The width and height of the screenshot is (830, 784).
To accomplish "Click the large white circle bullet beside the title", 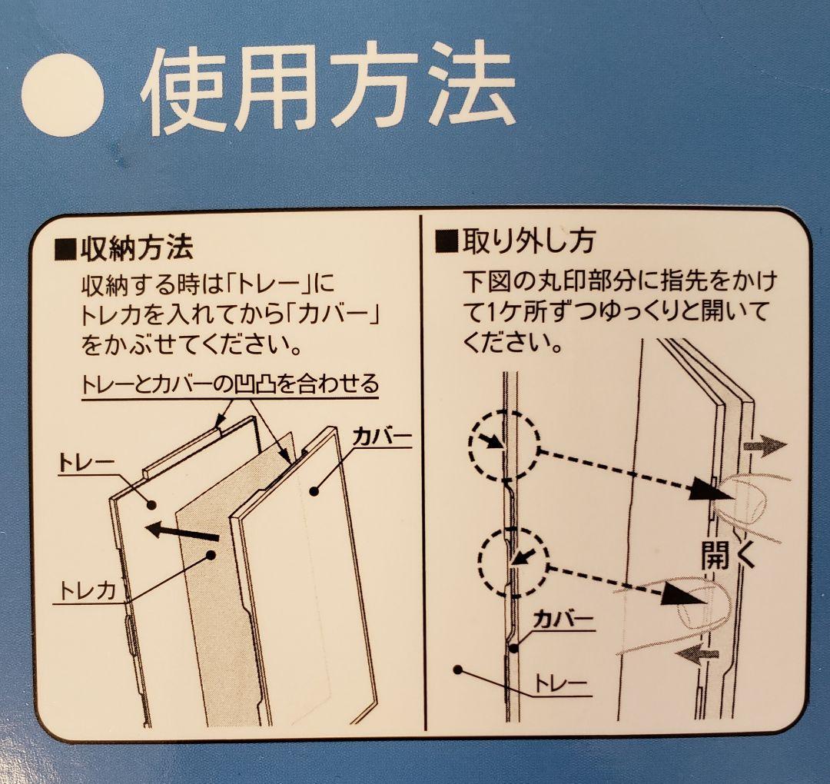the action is click(62, 96).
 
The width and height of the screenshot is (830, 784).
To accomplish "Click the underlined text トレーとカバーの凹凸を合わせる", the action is click(231, 384).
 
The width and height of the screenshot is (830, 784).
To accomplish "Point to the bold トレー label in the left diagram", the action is click(86, 464).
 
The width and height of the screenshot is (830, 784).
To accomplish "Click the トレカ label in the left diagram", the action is click(88, 591).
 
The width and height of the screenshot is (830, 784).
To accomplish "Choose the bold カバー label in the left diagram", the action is click(382, 438).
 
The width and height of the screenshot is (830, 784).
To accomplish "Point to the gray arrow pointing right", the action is click(765, 445).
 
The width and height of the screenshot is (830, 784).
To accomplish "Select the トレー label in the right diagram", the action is click(561, 683).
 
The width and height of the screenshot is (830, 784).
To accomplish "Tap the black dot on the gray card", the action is click(211, 554).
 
